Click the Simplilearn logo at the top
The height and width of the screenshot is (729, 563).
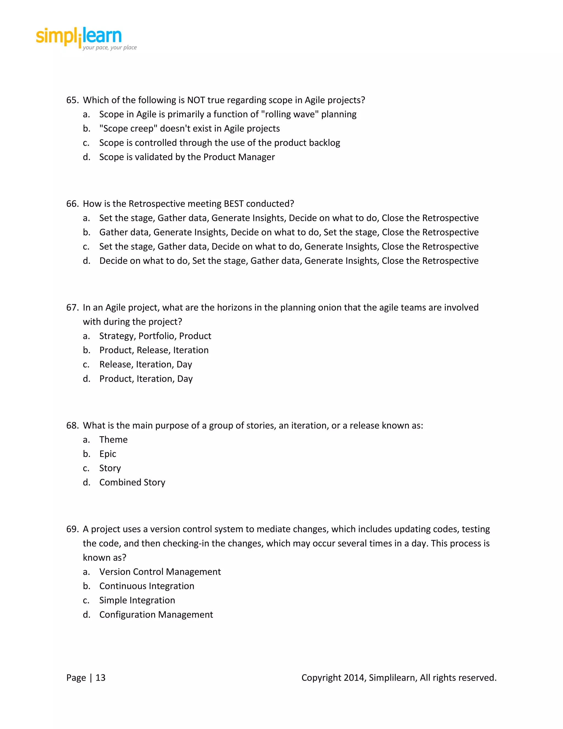coord(79,37)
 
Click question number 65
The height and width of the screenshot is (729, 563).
coord(72,100)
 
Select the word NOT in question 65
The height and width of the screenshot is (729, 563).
coord(196,100)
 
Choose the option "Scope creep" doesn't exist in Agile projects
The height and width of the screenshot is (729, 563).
coord(189,128)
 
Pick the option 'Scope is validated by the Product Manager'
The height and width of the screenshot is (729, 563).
coord(187,157)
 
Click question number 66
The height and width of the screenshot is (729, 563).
coord(72,204)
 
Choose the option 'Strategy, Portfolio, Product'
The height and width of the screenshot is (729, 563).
coord(155,336)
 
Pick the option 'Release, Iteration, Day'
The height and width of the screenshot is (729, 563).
coord(145,364)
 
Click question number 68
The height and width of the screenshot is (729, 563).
coord(72,426)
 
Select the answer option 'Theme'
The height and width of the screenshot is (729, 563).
coord(114,440)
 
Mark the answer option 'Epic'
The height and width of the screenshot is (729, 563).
coord(108,454)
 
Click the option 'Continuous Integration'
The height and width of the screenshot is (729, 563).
coord(147,586)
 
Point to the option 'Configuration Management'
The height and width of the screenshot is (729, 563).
coord(156,615)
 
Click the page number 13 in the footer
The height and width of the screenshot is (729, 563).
coord(100,678)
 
